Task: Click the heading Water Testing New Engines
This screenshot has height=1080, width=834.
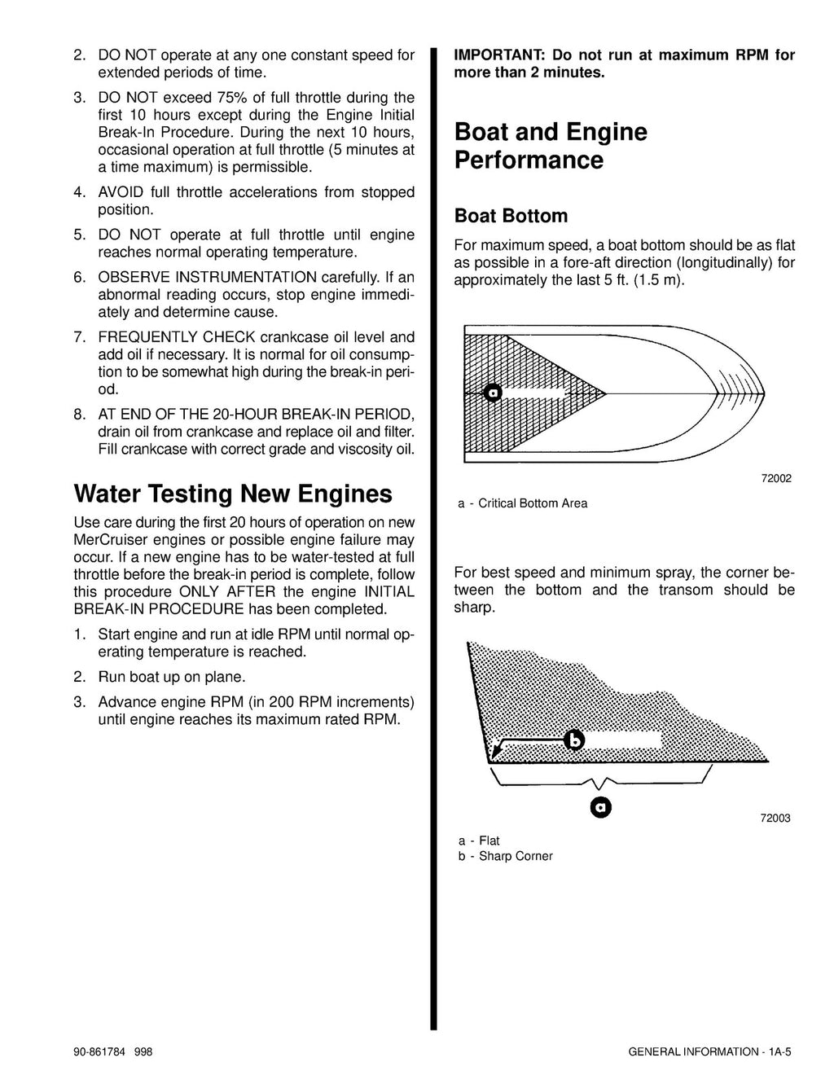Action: pos(232,494)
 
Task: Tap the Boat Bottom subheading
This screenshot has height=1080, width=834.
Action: pos(511,216)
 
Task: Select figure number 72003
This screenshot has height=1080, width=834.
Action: pos(775,819)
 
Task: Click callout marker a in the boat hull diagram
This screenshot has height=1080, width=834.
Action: pos(493,393)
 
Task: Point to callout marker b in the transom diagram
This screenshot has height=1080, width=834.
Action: pos(575,740)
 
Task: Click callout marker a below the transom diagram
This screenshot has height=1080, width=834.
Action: pos(601,807)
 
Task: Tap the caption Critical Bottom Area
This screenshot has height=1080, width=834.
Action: pos(533,503)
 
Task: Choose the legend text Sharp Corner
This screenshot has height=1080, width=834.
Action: pos(516,856)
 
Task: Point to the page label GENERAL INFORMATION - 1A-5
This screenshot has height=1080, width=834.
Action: pos(709,1051)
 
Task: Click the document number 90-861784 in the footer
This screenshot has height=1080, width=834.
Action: pos(102,1051)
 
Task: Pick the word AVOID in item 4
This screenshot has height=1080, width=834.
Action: pos(121,192)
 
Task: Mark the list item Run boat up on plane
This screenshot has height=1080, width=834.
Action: pos(171,677)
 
